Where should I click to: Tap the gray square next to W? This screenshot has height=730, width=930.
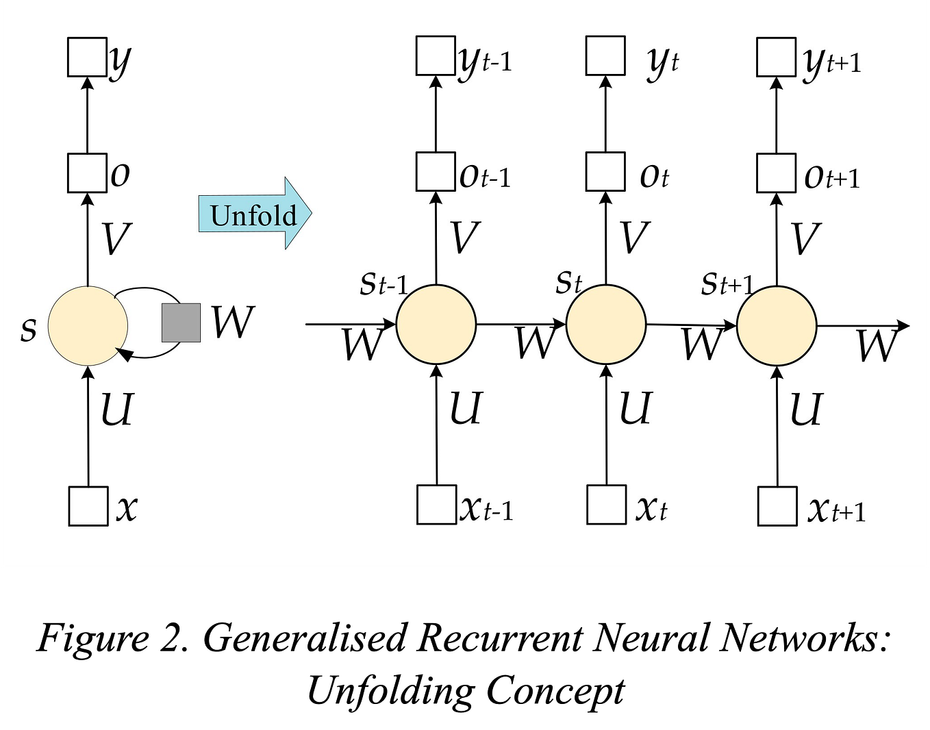(x=181, y=323)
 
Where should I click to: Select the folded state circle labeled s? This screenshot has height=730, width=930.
(x=88, y=327)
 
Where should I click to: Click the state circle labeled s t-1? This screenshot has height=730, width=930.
(x=436, y=324)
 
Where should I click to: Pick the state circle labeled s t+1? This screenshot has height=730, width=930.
(x=777, y=325)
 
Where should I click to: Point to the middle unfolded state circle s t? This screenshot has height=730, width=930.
(x=606, y=324)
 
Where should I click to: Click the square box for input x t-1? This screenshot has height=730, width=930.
(x=436, y=505)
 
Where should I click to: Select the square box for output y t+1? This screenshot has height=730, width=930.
(x=776, y=57)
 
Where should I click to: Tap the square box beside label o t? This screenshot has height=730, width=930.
(x=605, y=172)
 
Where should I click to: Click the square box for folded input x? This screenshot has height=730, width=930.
(x=88, y=506)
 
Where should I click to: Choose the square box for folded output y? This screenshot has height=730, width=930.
(x=87, y=57)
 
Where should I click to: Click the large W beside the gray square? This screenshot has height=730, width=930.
(x=233, y=322)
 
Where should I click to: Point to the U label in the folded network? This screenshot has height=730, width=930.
(x=116, y=410)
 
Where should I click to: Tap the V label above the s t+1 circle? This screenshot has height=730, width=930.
(x=805, y=238)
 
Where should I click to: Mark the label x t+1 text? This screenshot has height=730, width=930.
(x=836, y=510)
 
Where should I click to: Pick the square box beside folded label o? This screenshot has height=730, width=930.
(x=87, y=173)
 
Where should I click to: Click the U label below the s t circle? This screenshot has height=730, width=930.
(x=635, y=408)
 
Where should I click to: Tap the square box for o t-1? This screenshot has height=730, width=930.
(x=436, y=172)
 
